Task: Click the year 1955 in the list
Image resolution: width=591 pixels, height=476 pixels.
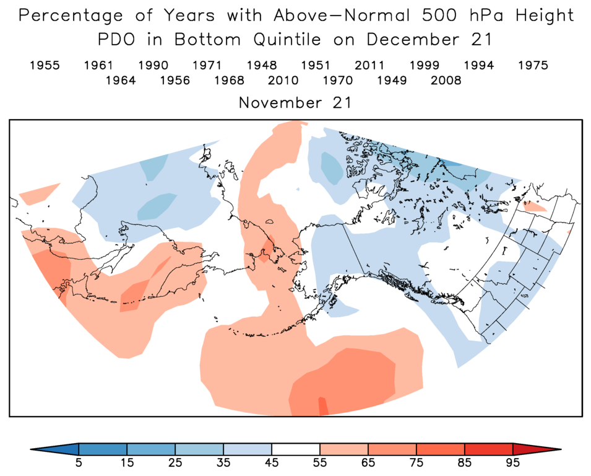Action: [45, 65]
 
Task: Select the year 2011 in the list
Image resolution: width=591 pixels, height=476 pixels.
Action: [370, 65]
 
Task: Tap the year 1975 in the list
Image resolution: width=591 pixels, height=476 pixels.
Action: [533, 65]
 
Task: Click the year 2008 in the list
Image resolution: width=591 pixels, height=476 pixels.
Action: [446, 81]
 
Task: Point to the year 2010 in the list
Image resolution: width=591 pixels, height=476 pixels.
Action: [283, 81]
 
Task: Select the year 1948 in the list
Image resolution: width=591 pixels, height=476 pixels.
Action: [262, 65]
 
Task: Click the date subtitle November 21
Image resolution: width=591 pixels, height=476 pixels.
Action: [295, 103]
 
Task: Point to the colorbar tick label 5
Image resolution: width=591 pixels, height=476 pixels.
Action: [79, 463]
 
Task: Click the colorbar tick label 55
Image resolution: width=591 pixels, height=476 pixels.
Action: [320, 463]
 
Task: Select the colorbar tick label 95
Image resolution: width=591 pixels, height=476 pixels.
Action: [513, 463]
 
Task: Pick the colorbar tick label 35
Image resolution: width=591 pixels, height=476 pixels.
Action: [223, 463]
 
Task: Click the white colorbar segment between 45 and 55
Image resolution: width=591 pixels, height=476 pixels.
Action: [296, 449]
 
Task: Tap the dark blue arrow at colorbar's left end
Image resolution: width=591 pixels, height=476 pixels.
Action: [56, 449]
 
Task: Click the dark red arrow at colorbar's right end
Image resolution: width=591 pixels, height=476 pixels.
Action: [536, 449]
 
